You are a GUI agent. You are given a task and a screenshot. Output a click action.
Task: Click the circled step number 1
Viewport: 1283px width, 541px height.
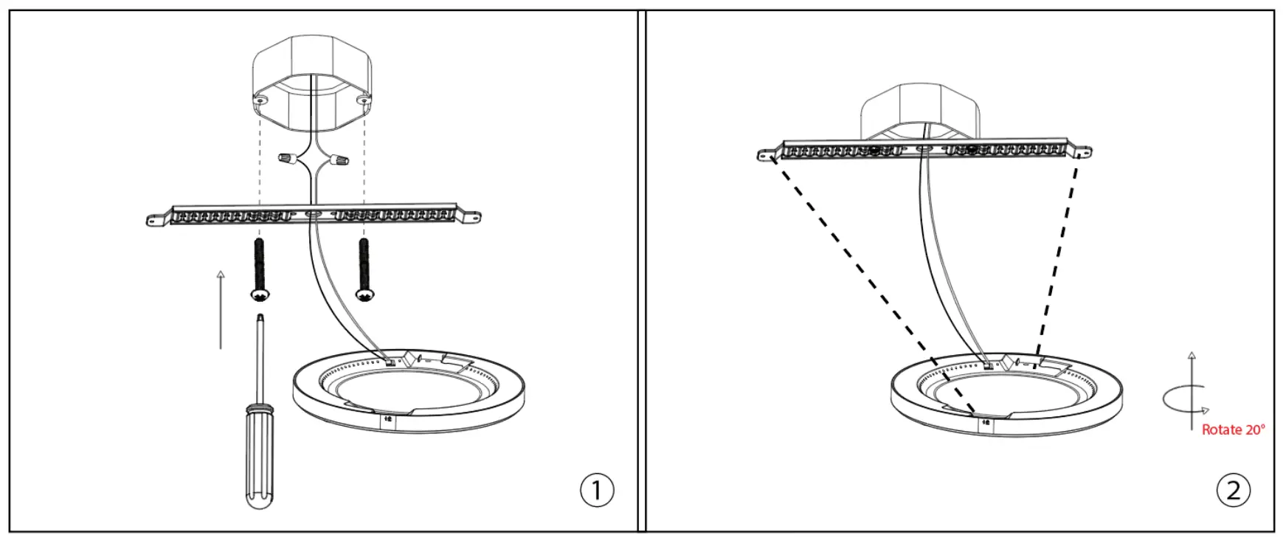coord(596,490)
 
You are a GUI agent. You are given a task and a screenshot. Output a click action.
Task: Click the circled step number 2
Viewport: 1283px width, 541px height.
coord(1233,490)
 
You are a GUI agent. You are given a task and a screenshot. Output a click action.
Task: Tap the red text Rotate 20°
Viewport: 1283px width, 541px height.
coord(1233,430)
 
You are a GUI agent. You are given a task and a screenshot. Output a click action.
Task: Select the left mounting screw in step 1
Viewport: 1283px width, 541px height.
coord(259,269)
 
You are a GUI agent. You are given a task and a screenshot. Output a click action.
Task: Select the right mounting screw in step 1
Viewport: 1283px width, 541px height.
coord(364,269)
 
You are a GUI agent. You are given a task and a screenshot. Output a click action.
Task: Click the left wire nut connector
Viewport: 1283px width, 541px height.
coord(289,158)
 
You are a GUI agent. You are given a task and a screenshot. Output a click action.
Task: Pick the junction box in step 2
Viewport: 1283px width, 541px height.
coord(921,111)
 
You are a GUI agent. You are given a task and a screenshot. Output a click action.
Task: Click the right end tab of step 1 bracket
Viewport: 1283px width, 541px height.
coord(470,217)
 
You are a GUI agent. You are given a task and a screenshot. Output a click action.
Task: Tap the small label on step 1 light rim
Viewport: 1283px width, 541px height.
coord(388,420)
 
